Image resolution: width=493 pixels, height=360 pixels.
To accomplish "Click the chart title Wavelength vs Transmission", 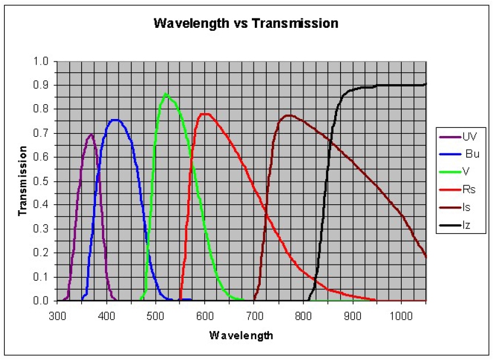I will pyautogui.click(x=246, y=24).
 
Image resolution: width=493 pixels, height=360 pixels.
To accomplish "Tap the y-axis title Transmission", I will pyautogui.click(x=23, y=181).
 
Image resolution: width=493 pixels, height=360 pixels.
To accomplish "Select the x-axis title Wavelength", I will pyautogui.click(x=241, y=336).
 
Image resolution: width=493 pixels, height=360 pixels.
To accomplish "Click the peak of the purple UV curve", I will pyautogui.click(x=91, y=134).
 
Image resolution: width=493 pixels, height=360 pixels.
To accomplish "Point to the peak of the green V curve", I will pyautogui.click(x=166, y=94).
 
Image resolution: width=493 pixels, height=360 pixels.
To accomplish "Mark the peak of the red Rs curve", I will pyautogui.click(x=206, y=114).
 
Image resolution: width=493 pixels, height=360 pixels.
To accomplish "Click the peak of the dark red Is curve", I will pyautogui.click(x=288, y=115).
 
